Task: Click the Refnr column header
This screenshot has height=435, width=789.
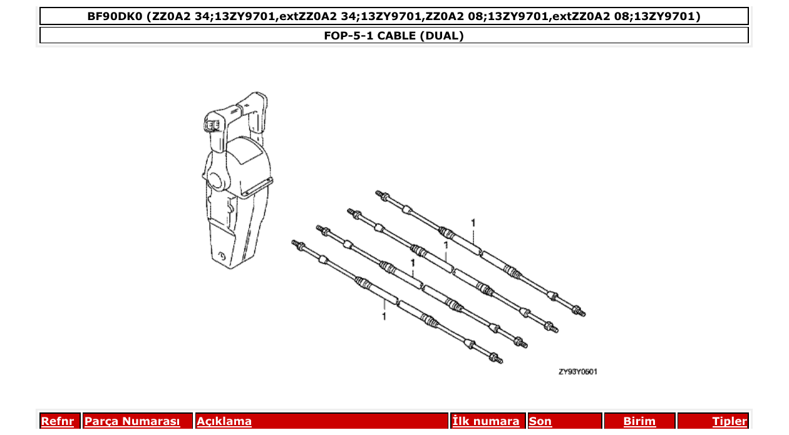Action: point(58,421)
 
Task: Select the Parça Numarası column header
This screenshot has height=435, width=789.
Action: point(132,421)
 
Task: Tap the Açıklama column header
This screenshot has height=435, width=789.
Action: point(224,421)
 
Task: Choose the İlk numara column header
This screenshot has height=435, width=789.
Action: point(485,421)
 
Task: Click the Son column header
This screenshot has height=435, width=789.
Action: point(540,421)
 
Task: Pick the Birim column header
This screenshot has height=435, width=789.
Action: point(639,421)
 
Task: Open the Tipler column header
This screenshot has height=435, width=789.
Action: point(730,421)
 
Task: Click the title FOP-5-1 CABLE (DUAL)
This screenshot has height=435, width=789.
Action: point(394,36)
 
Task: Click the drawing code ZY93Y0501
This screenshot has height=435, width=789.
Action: point(578,372)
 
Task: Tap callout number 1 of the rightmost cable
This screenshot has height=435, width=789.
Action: point(473,223)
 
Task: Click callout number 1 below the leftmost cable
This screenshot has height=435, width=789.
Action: point(384,317)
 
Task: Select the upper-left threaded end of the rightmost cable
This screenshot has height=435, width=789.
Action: point(379,194)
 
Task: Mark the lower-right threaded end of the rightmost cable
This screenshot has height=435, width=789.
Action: point(580,312)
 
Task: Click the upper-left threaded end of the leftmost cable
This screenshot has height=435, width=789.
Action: point(296,243)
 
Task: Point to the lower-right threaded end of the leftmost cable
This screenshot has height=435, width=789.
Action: point(497,360)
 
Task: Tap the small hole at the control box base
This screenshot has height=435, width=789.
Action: point(222,256)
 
